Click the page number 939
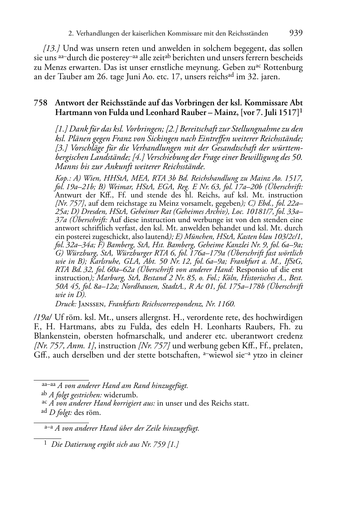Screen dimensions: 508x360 (295, 33)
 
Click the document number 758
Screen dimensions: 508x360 (41, 103)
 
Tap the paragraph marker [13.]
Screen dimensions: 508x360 (52, 49)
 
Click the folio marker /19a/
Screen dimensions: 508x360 (43, 317)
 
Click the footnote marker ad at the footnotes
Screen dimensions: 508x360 (44, 411)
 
